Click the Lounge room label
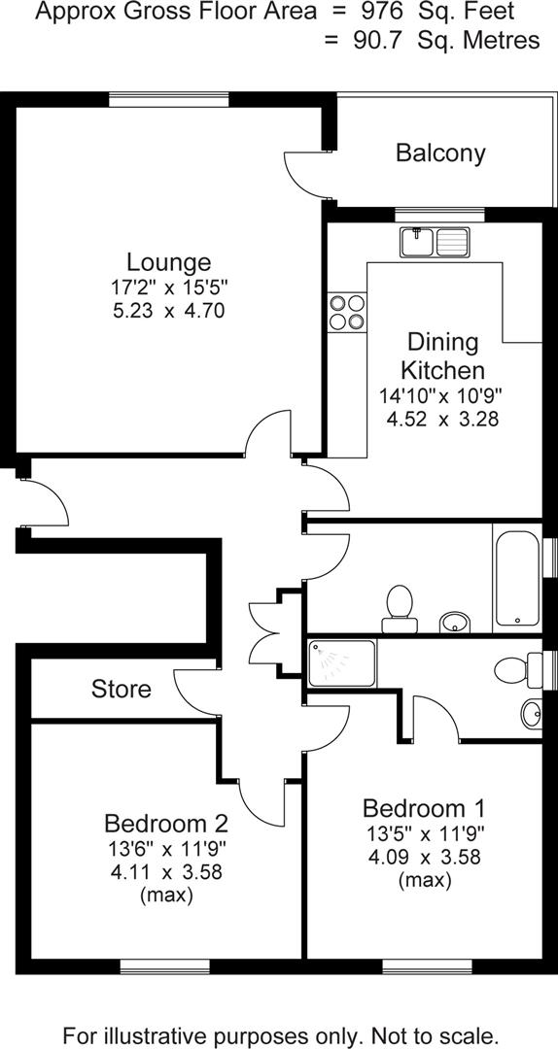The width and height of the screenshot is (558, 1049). [168, 262]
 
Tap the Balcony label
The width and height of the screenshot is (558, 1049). [440, 152]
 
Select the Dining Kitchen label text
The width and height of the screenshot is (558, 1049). [442, 356]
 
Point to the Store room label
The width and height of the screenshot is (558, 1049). [122, 690]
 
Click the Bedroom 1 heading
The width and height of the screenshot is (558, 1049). [423, 808]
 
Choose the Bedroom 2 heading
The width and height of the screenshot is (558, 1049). [166, 824]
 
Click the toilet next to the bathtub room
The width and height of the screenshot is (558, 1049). [398, 603]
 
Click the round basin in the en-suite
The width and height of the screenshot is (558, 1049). [532, 715]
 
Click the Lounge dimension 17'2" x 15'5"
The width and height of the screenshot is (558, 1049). [168, 288]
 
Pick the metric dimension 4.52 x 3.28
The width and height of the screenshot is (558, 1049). [442, 420]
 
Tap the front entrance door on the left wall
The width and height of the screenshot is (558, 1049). [44, 503]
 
